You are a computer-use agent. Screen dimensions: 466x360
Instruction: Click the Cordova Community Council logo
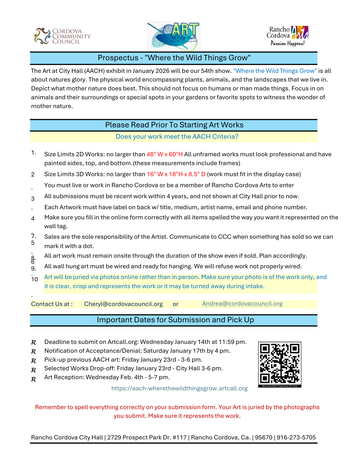(x=62, y=36)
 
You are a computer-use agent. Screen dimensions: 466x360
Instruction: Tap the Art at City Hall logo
(x=174, y=36)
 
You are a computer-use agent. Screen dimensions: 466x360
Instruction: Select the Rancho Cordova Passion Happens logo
(x=287, y=36)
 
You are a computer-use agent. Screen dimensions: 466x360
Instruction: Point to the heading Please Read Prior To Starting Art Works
(x=174, y=125)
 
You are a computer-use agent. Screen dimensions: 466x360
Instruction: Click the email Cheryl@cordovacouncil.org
(x=123, y=304)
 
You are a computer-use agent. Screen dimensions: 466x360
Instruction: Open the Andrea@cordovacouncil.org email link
(x=242, y=303)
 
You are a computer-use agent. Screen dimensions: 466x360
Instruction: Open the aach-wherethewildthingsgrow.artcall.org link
(x=180, y=388)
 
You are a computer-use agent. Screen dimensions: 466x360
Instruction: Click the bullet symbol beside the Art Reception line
(x=34, y=379)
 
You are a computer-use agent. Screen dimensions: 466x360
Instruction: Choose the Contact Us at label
(x=52, y=304)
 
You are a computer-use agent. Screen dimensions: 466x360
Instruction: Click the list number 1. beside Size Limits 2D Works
(x=34, y=153)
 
